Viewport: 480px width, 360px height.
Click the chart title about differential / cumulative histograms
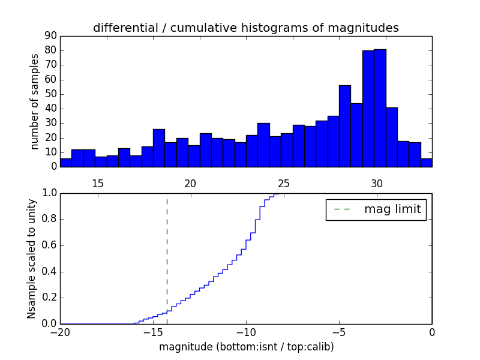click(245, 28)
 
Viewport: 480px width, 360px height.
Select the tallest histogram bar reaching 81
click(380, 108)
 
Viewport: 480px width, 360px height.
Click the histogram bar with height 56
click(345, 126)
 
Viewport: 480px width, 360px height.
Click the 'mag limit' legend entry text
click(392, 209)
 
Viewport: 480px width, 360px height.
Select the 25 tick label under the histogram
click(284, 184)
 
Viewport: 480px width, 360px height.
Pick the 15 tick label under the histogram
click(98, 184)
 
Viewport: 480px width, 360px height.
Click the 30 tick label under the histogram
click(377, 184)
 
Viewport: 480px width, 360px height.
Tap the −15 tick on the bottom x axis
click(153, 332)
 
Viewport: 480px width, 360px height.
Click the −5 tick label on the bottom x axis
click(339, 332)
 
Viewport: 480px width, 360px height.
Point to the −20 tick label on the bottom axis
click(60, 332)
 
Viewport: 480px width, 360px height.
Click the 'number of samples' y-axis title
click(35, 101)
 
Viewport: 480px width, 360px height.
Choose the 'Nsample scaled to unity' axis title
click(32, 258)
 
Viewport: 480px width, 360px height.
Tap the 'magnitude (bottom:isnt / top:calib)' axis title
click(246, 347)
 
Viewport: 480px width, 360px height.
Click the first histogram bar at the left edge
click(66, 163)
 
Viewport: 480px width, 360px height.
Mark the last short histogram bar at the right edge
click(426, 163)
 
